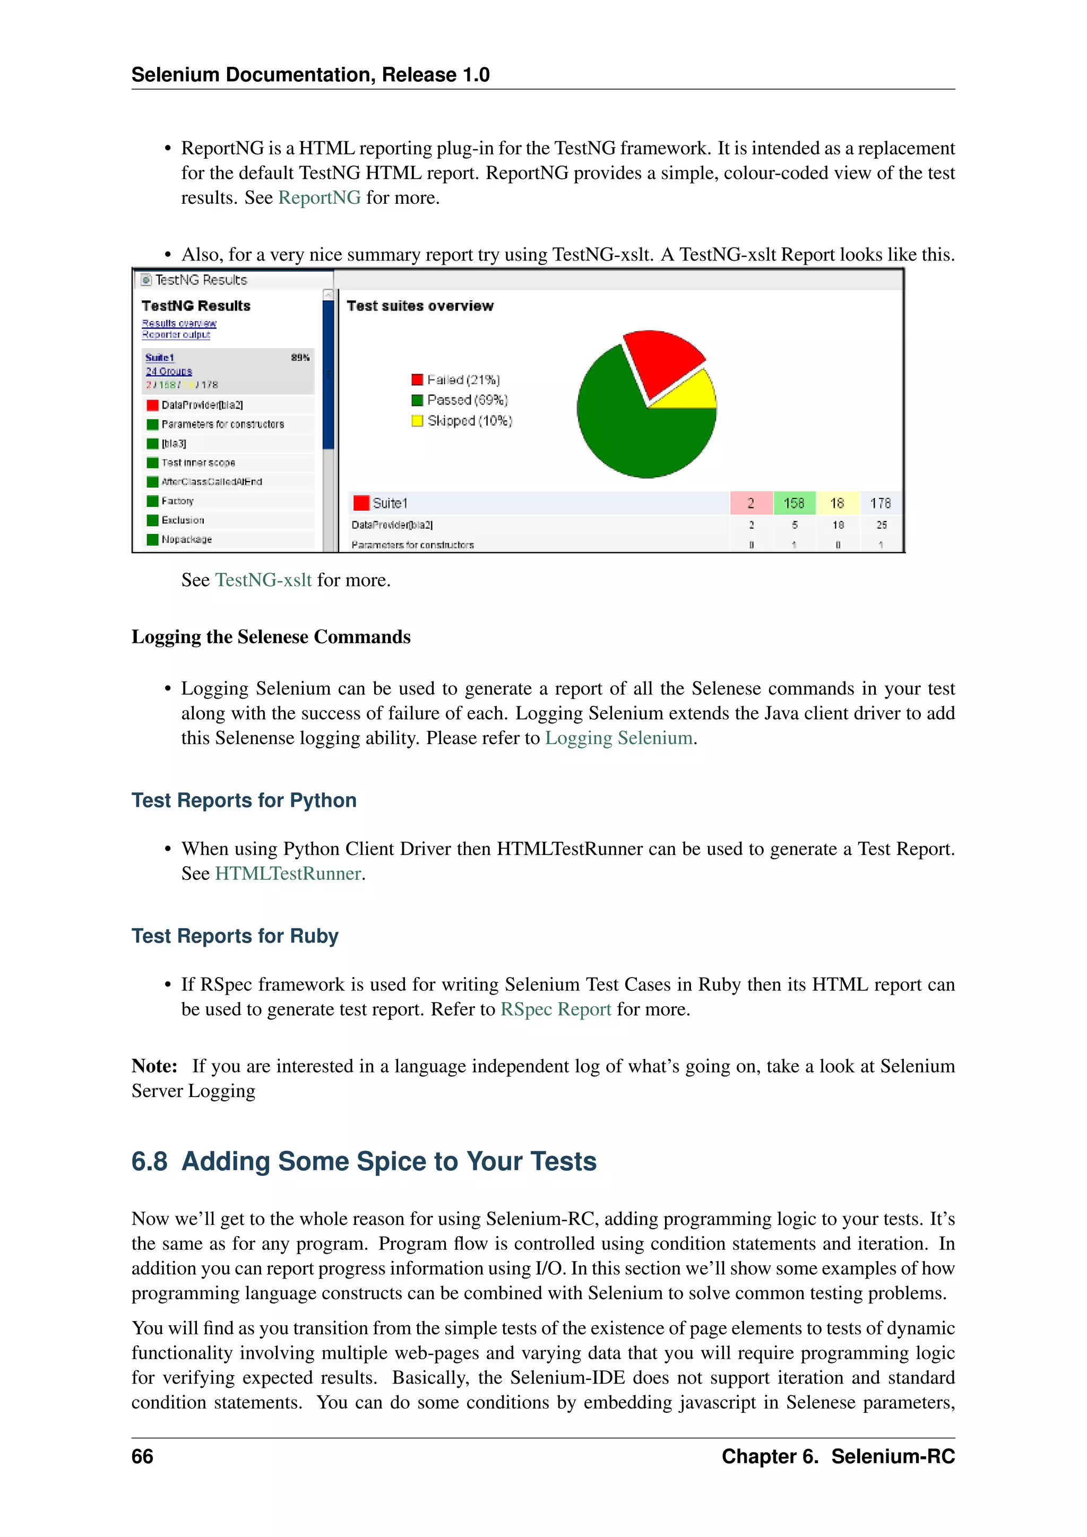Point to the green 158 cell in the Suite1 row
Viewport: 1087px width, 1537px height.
pyautogui.click(x=794, y=503)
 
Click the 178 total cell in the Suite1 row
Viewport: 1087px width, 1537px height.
pyautogui.click(x=880, y=503)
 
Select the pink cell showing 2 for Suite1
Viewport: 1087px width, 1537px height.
pyautogui.click(x=751, y=503)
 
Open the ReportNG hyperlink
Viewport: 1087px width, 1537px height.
pyautogui.click(x=320, y=198)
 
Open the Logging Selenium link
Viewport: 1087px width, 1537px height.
pyautogui.click(x=618, y=738)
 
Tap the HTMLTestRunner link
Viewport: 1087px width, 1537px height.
pyautogui.click(x=288, y=874)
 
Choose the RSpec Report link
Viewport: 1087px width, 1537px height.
pyautogui.click(x=556, y=1009)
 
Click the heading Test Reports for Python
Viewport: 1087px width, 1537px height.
pyautogui.click(x=244, y=801)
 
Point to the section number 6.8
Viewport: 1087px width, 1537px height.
pyautogui.click(x=149, y=1161)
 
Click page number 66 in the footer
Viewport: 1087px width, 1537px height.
pyautogui.click(x=142, y=1457)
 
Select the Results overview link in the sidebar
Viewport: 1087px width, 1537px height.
pyautogui.click(x=179, y=323)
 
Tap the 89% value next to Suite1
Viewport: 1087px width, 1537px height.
pyautogui.click(x=300, y=358)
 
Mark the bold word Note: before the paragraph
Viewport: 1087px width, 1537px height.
pyautogui.click(x=154, y=1066)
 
